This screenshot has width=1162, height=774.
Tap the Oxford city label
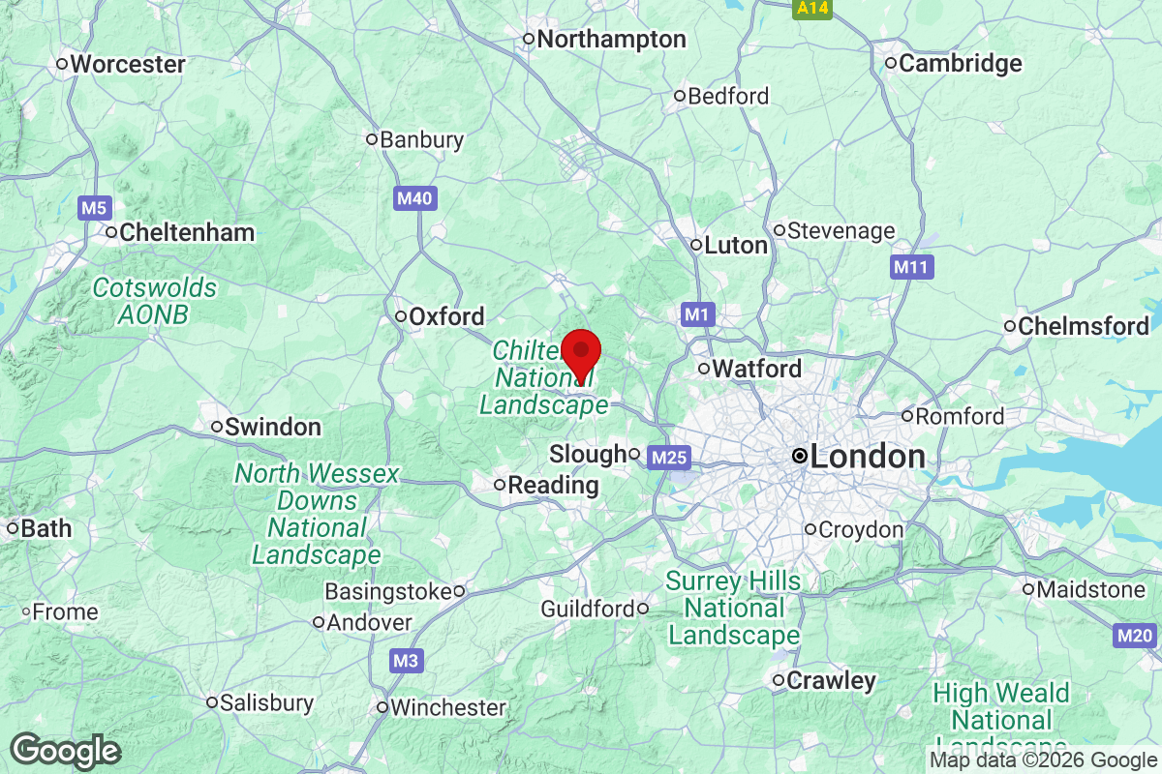(x=445, y=316)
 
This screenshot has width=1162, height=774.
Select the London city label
(x=867, y=457)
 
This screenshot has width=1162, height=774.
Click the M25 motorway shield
(x=668, y=456)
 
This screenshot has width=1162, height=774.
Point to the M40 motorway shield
(x=416, y=198)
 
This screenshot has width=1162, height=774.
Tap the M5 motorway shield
(x=95, y=207)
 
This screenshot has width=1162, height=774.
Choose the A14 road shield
(x=811, y=9)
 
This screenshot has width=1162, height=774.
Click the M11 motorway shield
(x=912, y=266)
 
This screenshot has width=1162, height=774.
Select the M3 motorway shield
(x=408, y=662)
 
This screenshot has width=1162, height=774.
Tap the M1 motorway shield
(x=697, y=313)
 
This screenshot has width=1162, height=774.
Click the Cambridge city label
(x=960, y=64)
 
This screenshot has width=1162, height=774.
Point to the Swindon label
(x=272, y=427)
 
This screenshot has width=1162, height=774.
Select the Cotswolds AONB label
(x=155, y=301)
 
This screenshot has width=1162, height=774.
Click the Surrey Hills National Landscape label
(x=734, y=608)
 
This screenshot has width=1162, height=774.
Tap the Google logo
(x=66, y=751)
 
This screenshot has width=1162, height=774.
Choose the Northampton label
(x=610, y=40)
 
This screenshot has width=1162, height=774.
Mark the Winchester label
(x=447, y=708)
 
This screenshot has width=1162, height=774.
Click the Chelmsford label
(x=1083, y=326)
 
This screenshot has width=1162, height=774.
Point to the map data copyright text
(x=1043, y=760)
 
